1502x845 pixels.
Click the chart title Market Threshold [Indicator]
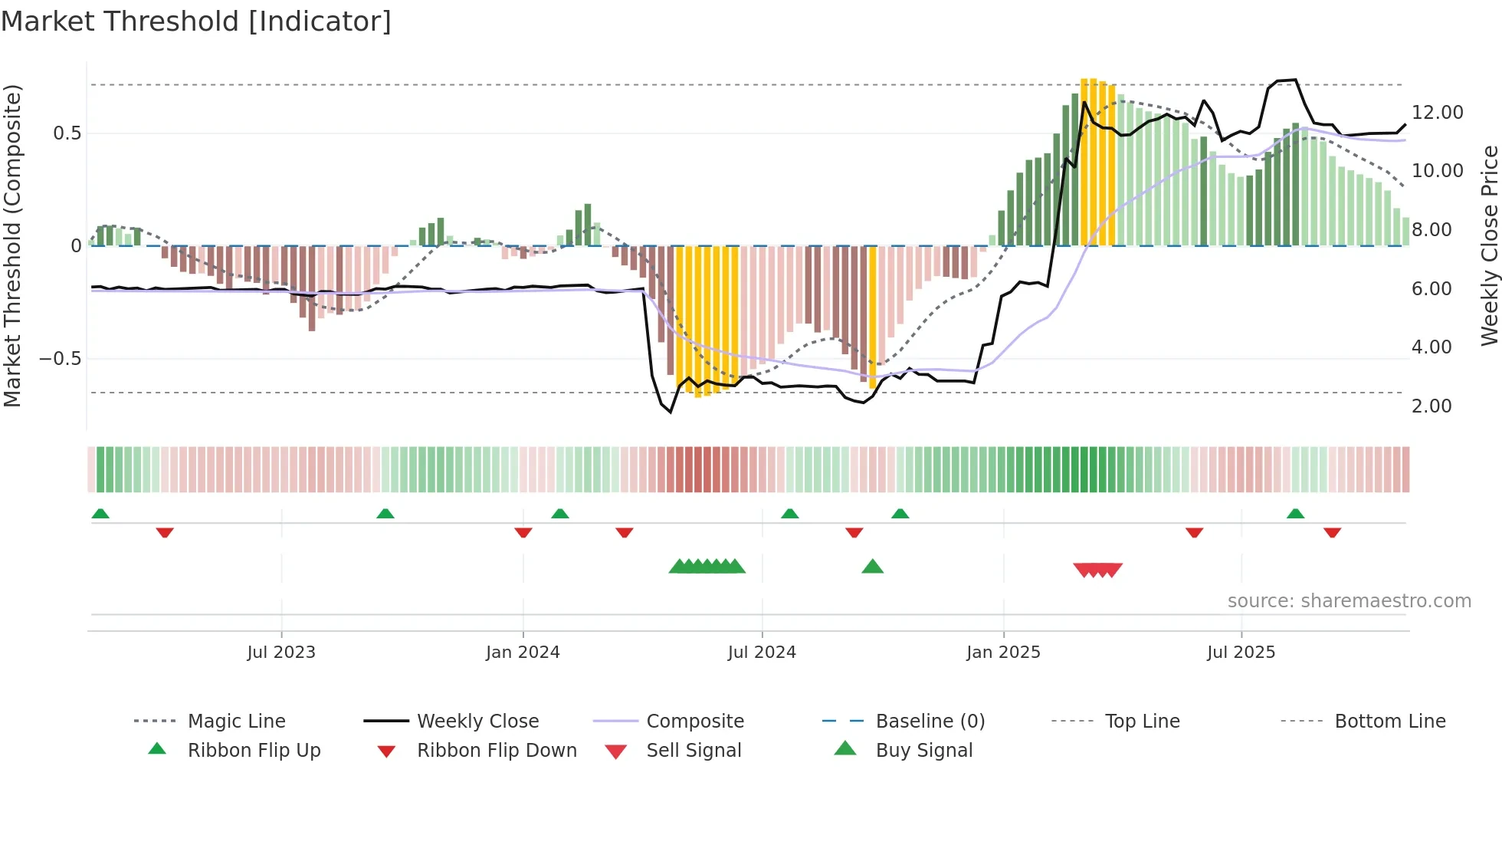pyautogui.click(x=196, y=21)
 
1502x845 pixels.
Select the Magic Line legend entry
pyautogui.click(x=236, y=722)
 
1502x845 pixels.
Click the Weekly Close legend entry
pyautogui.click(x=477, y=722)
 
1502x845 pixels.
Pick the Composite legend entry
pyautogui.click(x=695, y=722)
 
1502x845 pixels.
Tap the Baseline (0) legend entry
pyautogui.click(x=930, y=722)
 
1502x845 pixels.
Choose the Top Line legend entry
pyautogui.click(x=1142, y=722)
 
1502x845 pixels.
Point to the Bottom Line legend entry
pyautogui.click(x=1389, y=722)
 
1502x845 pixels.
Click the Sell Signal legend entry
pyautogui.click(x=694, y=751)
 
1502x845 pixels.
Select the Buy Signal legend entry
pyautogui.click(x=923, y=751)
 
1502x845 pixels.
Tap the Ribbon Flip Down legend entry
pyautogui.click(x=497, y=751)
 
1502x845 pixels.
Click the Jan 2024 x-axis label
pyautogui.click(x=523, y=653)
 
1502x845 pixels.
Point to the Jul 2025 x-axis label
pyautogui.click(x=1241, y=653)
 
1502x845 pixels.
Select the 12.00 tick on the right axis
pyautogui.click(x=1437, y=113)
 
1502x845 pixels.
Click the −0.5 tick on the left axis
pyautogui.click(x=60, y=359)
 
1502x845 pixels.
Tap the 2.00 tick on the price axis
pyautogui.click(x=1431, y=406)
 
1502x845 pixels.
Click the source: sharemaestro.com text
pyautogui.click(x=1349, y=601)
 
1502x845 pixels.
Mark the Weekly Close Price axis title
pyautogui.click(x=1489, y=245)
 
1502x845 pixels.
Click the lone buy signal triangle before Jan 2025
pyautogui.click(x=872, y=567)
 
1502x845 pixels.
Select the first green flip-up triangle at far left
pyautogui.click(x=100, y=514)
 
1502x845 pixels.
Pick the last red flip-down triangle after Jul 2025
pyautogui.click(x=1332, y=532)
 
